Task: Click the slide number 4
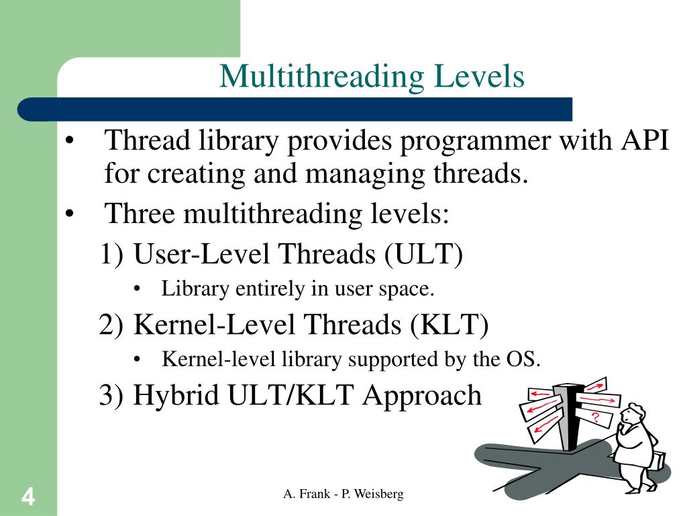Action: [28, 497]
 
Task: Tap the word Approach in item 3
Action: [422, 396]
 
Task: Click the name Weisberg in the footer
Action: [378, 494]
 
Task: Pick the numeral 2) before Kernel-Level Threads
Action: [111, 325]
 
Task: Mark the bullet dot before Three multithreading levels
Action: [70, 214]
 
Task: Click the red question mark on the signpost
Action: [595, 418]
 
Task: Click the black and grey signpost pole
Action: [569, 417]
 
